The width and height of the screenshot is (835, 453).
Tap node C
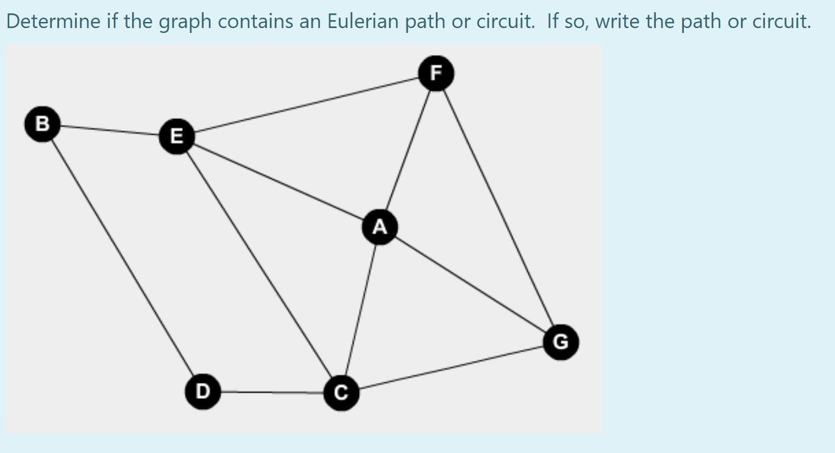(341, 393)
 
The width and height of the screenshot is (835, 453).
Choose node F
(435, 73)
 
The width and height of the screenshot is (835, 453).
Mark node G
(560, 342)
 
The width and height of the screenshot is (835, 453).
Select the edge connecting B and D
(122, 256)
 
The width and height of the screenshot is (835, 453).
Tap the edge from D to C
(272, 392)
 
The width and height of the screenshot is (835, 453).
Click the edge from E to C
(259, 265)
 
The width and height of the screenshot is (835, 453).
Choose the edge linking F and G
(498, 207)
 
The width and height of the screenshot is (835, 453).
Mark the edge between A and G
(469, 284)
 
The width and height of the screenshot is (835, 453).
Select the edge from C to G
(451, 368)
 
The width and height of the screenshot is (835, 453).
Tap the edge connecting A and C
(361, 310)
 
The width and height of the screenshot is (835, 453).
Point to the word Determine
(54, 23)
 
